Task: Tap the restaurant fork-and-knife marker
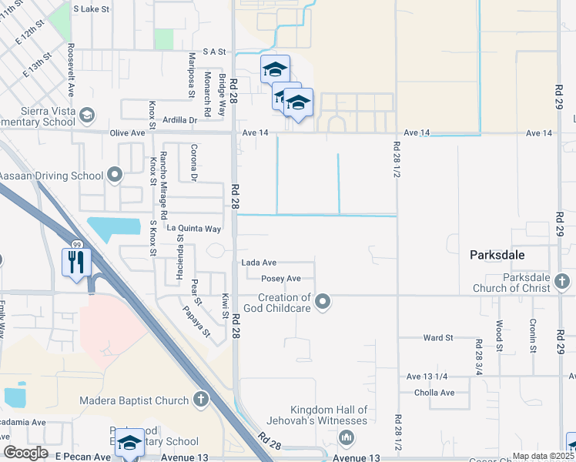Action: click(x=75, y=262)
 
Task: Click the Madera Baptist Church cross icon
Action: click(x=200, y=400)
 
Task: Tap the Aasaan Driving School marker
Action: click(x=115, y=176)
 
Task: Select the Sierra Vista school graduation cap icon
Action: click(x=87, y=115)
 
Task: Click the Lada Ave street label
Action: click(x=259, y=263)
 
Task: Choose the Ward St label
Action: click(x=437, y=337)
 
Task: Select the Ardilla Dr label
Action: click(x=180, y=120)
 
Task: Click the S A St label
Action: click(x=213, y=52)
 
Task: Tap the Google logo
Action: click(x=25, y=453)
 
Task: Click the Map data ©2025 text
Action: click(x=542, y=456)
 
